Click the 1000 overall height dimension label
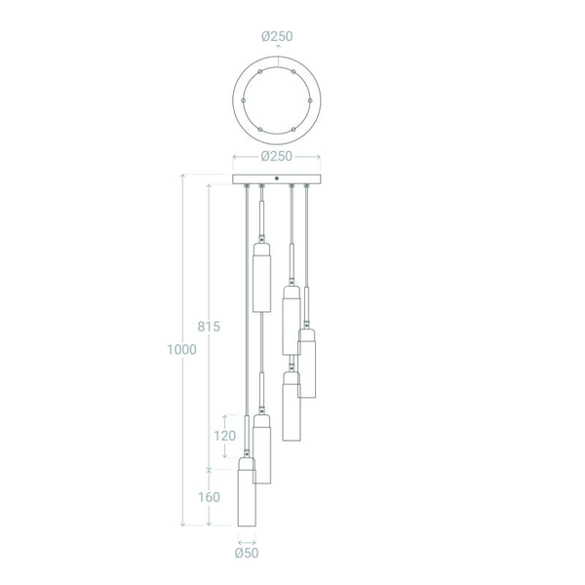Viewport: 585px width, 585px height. pyautogui.click(x=181, y=350)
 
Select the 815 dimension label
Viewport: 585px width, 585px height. pyautogui.click(x=209, y=327)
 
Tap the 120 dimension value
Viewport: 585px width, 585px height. pyautogui.click(x=224, y=436)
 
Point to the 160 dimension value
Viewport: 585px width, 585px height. pyautogui.click(x=209, y=497)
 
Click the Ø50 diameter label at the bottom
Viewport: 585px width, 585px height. pyautogui.click(x=247, y=553)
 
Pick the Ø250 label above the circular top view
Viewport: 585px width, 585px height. pyautogui.click(x=277, y=36)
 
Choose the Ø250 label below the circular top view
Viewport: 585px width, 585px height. pyautogui.click(x=277, y=156)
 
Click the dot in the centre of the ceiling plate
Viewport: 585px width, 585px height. pyautogui.click(x=277, y=178)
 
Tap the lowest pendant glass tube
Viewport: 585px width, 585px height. pyautogui.click(x=247, y=492)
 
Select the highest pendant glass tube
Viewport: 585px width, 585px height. pyautogui.click(x=262, y=278)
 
